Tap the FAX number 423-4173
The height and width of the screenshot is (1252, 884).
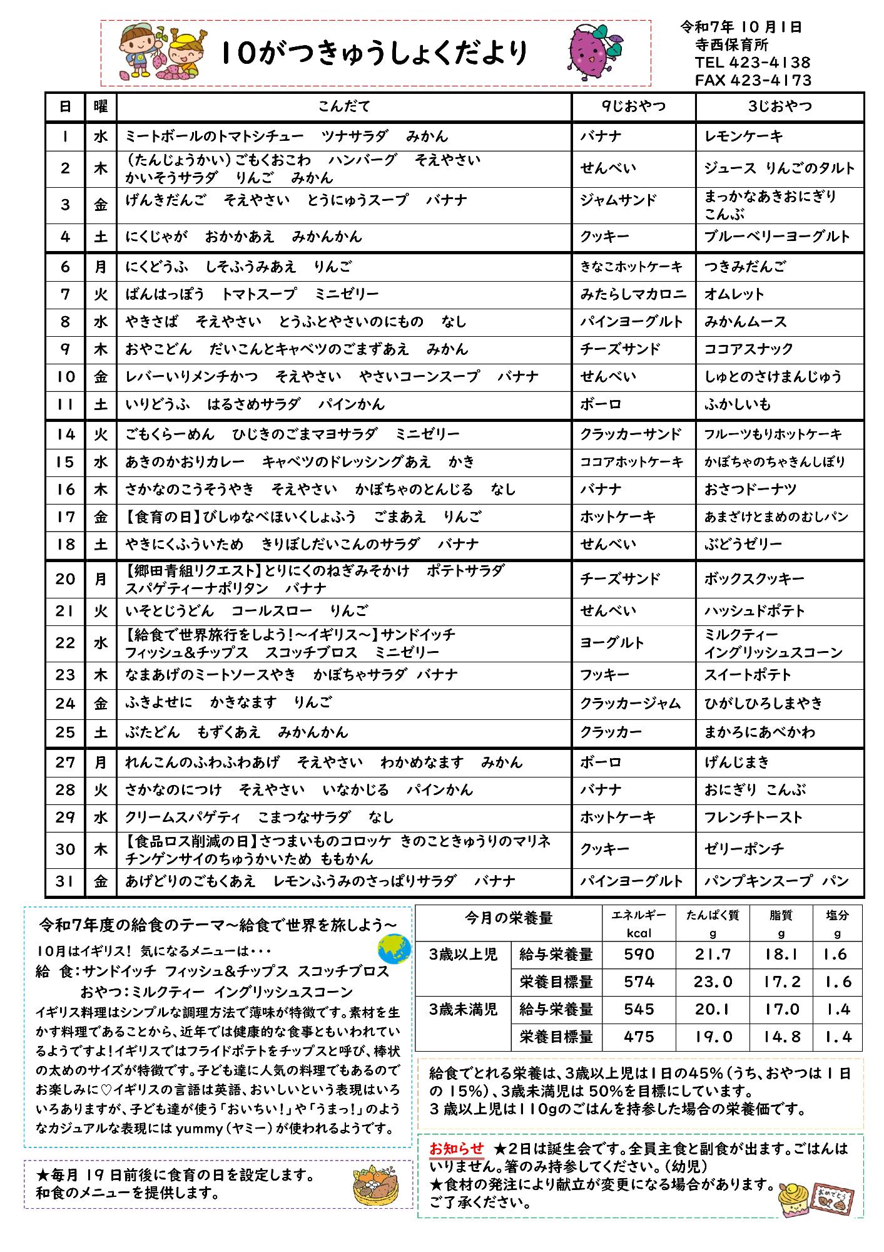753,80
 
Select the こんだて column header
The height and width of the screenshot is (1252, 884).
344,106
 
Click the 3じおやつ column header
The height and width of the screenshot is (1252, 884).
780,106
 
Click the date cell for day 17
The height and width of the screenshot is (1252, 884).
65,517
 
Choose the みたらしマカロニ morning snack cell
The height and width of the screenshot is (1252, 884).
633,294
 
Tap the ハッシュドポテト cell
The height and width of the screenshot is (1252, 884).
754,611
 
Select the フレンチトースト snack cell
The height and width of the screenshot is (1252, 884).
753,818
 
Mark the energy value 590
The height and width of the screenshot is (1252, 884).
639,955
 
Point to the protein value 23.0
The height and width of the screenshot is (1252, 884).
712,982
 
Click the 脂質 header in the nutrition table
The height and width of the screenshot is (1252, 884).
781,916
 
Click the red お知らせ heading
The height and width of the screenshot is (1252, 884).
457,1149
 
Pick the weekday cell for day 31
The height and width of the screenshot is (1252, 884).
100,881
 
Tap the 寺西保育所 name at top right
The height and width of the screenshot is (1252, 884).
731,45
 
